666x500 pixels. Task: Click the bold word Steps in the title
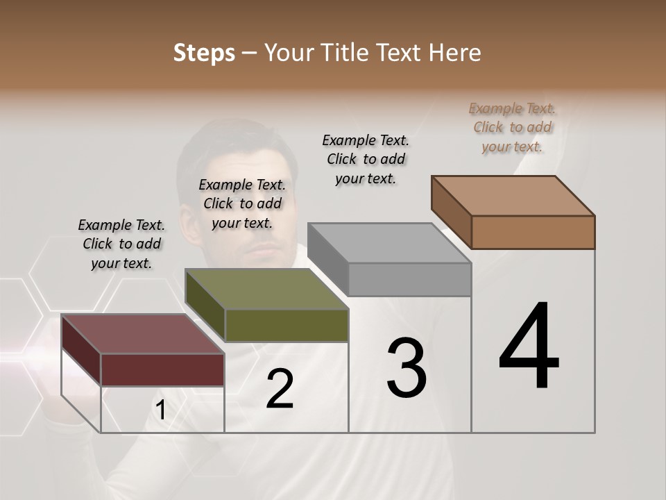[x=204, y=53]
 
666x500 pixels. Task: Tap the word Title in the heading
[x=343, y=53]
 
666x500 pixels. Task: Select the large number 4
[x=529, y=347]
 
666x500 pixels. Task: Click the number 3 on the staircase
[x=407, y=368]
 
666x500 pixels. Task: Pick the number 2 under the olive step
[x=280, y=389]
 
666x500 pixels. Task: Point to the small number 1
[x=160, y=410]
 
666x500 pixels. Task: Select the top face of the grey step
[x=388, y=243]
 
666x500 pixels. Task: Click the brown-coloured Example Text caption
[x=512, y=127]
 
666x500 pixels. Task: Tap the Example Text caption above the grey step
[x=366, y=159]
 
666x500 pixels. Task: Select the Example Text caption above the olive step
[x=242, y=203]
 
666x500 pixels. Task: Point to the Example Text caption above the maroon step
[x=121, y=244]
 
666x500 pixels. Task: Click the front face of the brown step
[x=533, y=232]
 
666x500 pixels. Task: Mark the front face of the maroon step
[x=162, y=369]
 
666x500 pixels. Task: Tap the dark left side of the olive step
[x=205, y=306]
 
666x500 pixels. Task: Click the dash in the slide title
[x=250, y=53]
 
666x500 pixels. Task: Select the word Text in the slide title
[x=401, y=53]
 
